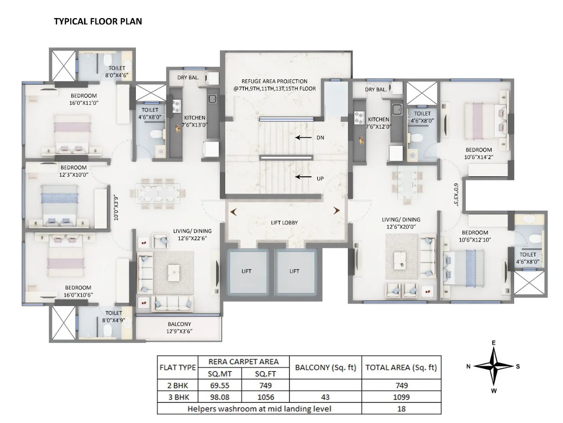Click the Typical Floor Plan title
click(x=98, y=21)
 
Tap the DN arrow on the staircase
click(x=303, y=137)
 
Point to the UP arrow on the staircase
click(x=303, y=177)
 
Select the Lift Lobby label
click(x=284, y=223)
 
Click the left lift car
click(x=246, y=271)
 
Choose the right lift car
click(x=295, y=271)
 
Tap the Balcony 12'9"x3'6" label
click(x=179, y=327)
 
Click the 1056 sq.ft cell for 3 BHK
click(x=266, y=397)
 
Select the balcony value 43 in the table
click(x=325, y=397)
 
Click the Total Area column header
click(x=401, y=367)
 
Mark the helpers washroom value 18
click(x=401, y=408)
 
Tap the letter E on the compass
click(x=494, y=343)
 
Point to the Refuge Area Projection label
click(x=274, y=85)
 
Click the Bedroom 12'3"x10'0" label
click(x=74, y=171)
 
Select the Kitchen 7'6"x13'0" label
click(x=194, y=121)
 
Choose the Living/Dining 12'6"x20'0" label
click(x=400, y=223)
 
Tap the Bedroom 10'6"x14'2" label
click(x=479, y=153)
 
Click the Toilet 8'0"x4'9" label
click(x=113, y=316)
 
